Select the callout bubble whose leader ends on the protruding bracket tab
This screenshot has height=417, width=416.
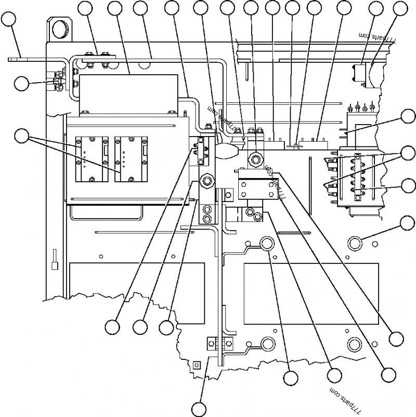coord(8,19)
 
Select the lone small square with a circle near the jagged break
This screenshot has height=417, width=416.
coord(196,365)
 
